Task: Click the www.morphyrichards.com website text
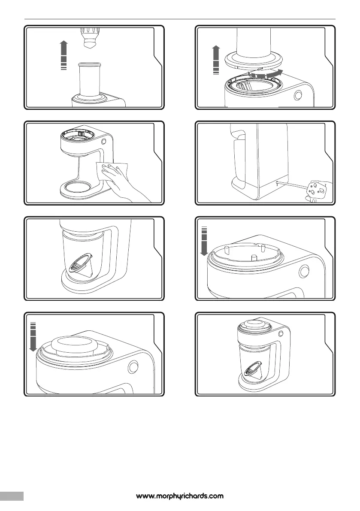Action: tap(180, 496)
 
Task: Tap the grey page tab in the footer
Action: tap(12, 496)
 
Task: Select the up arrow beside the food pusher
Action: tap(64, 55)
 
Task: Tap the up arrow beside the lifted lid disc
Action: tap(216, 60)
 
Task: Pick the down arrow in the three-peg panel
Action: tap(204, 242)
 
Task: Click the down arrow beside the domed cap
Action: tap(33, 337)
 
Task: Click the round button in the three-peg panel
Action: tap(304, 270)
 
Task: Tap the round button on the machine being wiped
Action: tap(104, 141)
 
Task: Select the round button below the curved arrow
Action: tap(298, 95)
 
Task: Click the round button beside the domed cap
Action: tap(133, 367)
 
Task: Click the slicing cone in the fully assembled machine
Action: tap(253, 371)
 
